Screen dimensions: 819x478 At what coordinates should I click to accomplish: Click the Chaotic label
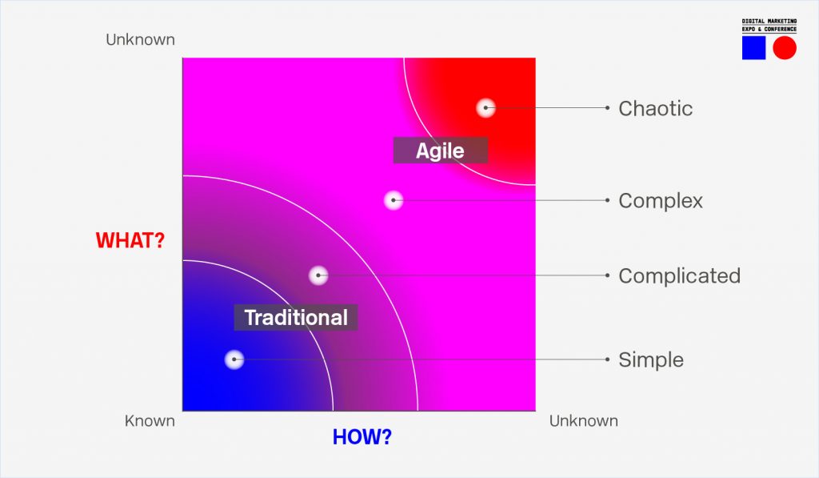[656, 108]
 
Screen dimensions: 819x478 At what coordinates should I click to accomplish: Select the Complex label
[661, 201]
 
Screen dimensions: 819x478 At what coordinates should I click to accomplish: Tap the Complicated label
[680, 275]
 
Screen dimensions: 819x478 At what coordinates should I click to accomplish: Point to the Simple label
[651, 360]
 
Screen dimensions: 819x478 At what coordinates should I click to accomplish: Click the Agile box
[441, 151]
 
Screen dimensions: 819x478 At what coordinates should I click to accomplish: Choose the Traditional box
[296, 317]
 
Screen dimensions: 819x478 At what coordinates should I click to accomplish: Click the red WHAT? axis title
[130, 240]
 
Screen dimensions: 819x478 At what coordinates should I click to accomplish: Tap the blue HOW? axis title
[362, 437]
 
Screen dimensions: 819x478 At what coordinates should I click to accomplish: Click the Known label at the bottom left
[150, 421]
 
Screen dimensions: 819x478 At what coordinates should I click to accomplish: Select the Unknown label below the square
[583, 421]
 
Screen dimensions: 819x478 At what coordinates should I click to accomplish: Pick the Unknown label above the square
[140, 40]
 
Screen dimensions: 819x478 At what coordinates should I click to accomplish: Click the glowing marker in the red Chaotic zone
[485, 108]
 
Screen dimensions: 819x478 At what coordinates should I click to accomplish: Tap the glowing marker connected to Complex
[394, 200]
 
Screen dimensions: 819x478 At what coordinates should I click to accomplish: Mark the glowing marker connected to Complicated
[318, 275]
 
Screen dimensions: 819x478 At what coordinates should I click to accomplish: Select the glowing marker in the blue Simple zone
[234, 360]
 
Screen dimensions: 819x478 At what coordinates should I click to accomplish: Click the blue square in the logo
[753, 48]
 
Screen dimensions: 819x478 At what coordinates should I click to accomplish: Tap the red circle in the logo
[785, 48]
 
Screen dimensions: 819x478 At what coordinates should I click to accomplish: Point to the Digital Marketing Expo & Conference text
[769, 25]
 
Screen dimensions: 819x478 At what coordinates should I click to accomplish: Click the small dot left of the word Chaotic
[608, 108]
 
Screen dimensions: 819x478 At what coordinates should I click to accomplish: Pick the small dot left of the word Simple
[608, 360]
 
